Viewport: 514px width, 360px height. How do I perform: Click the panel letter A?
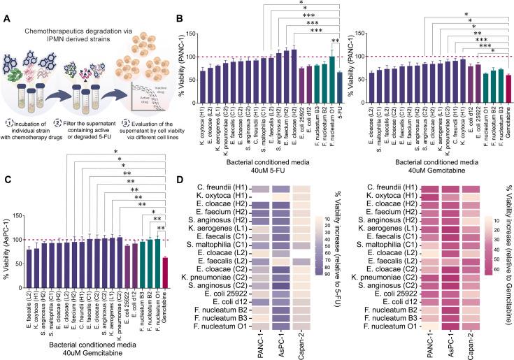pyautogui.click(x=6, y=8)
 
